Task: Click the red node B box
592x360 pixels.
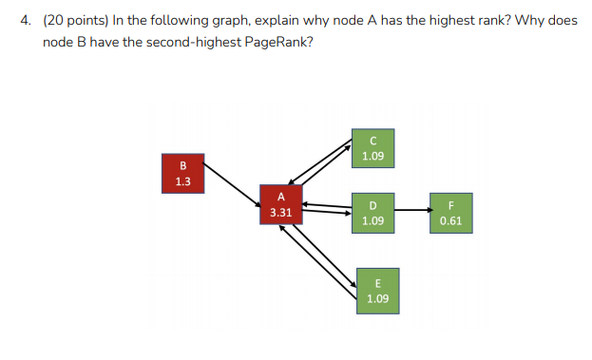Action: tap(182, 174)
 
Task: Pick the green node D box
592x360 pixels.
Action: tap(373, 213)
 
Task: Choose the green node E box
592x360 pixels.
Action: tap(377, 290)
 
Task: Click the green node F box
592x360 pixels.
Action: tap(450, 213)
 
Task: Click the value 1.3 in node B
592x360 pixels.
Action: tap(182, 181)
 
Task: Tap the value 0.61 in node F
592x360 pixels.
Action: tap(450, 220)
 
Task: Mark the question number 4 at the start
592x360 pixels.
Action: tap(26, 20)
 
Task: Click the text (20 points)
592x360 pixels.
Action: tap(74, 20)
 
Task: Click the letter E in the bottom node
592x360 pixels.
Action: tap(377, 283)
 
